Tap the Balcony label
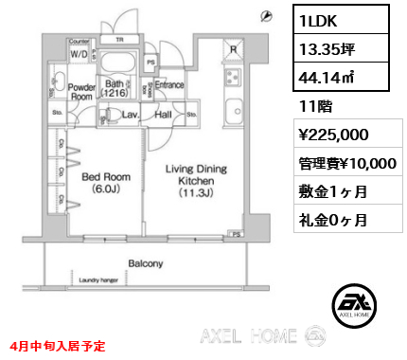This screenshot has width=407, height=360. click(146, 263)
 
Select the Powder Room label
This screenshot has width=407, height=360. click(80, 91)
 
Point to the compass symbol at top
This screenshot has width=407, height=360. click(268, 16)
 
